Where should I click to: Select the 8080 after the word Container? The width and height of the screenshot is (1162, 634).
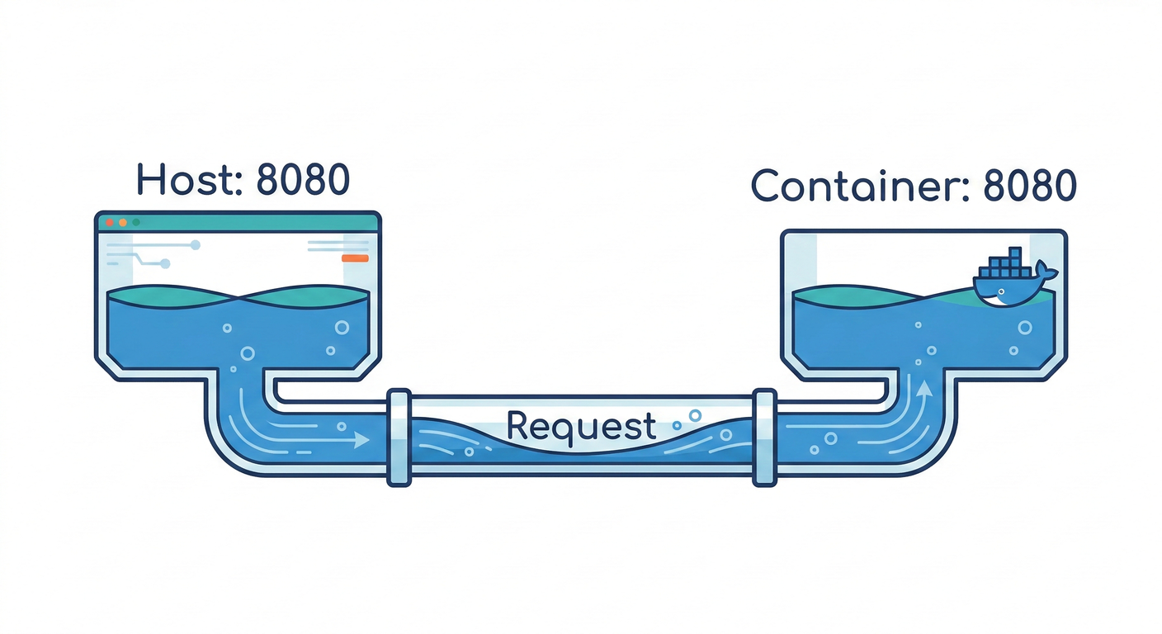[x=1030, y=187]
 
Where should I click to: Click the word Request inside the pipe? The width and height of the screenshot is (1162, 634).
[x=581, y=426]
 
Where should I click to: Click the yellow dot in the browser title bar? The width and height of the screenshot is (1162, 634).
[x=122, y=222]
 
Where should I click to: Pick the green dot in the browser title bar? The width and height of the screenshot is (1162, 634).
[x=136, y=222]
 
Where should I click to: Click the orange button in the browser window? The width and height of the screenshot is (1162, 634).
[x=355, y=258]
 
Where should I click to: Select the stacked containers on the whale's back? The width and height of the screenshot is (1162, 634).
[x=1004, y=265]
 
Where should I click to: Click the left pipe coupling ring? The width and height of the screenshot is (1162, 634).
[x=399, y=438]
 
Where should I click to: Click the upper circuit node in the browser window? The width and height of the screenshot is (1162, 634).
[x=196, y=245]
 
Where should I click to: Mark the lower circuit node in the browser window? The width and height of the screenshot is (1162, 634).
[x=164, y=264]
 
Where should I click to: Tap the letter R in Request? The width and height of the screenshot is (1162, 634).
[x=517, y=426]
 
